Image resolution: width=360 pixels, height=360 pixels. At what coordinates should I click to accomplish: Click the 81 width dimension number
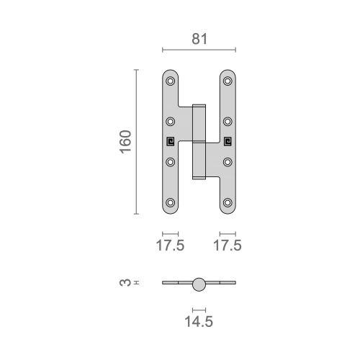199,40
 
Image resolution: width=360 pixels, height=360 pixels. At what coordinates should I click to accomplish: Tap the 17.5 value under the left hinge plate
170,246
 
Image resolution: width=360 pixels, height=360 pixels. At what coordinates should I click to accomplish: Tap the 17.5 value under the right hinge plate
228,246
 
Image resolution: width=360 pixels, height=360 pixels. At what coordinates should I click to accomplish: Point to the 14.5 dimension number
199,322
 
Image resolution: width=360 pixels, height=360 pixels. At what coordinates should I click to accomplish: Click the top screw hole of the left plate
171,80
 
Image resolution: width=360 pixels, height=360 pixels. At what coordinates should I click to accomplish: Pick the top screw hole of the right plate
228,80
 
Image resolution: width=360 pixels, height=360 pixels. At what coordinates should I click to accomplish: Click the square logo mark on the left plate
171,141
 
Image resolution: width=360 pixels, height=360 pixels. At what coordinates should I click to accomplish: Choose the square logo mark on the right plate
228,141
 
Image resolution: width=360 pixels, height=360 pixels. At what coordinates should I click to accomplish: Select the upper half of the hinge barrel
199,122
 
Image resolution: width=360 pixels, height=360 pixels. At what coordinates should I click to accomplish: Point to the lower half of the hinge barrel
199,160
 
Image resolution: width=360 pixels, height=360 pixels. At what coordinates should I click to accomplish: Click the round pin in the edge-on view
199,284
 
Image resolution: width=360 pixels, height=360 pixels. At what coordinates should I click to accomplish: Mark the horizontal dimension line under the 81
199,50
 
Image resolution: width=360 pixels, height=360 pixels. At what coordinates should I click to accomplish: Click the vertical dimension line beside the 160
136,142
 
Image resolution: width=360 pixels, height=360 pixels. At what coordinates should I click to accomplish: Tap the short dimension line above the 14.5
199,308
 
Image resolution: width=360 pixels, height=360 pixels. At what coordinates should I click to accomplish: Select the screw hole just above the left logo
171,121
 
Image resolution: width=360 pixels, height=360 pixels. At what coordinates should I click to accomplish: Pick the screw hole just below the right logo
228,161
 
